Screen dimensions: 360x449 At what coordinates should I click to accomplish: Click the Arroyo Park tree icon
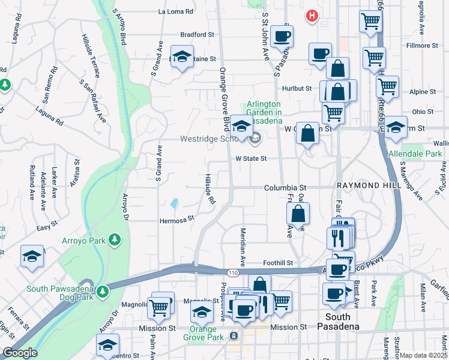(x=115, y=241)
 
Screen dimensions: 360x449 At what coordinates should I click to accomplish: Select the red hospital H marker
(x=312, y=16)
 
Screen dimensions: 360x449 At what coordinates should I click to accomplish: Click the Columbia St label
(x=285, y=188)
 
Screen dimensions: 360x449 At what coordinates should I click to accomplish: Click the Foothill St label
(x=278, y=263)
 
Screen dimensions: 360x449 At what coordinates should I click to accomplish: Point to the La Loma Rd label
(x=176, y=11)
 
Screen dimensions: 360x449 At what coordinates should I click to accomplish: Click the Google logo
(x=19, y=353)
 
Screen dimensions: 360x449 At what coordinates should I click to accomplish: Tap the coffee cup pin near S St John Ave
(x=281, y=37)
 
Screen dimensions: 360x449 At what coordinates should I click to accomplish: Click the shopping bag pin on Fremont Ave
(x=298, y=213)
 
